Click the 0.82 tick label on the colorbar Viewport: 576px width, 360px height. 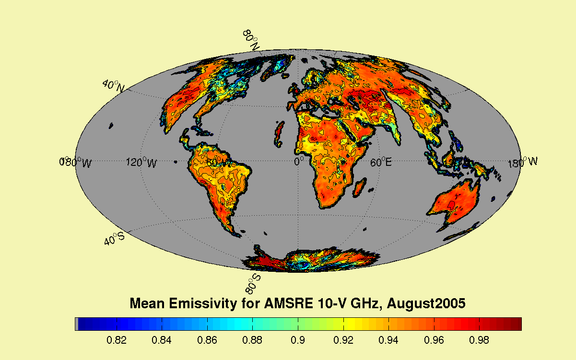(116, 340)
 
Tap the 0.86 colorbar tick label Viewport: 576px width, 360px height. (207, 340)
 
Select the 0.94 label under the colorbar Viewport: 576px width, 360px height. (388, 340)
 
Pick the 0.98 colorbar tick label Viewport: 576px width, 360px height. (479, 340)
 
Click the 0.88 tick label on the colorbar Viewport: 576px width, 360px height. (252, 340)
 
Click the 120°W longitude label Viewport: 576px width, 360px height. (141, 163)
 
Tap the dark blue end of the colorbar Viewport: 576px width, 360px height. (82, 324)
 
